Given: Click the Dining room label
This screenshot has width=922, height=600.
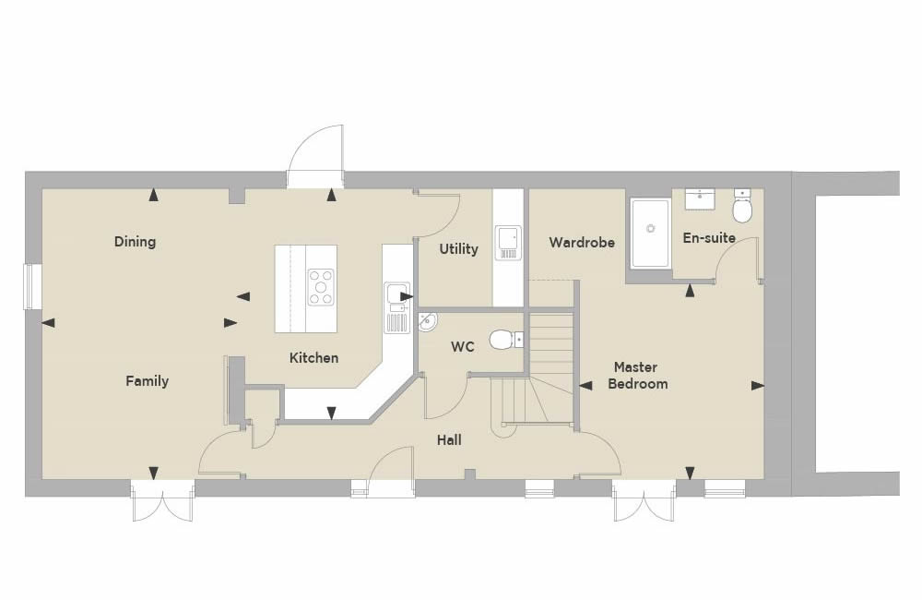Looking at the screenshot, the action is tap(135, 242).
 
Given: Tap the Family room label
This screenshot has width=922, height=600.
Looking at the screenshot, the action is tap(147, 381).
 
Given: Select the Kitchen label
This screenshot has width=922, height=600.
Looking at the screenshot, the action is tap(314, 357).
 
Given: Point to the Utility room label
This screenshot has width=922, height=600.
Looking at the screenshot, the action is tap(458, 249).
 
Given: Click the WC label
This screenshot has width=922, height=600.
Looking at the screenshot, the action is tap(463, 347).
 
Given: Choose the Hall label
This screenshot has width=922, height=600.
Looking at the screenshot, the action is tap(449, 439).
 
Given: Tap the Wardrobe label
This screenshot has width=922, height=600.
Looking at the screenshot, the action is tap(582, 242).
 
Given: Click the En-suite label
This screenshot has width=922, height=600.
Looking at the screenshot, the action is tap(709, 238).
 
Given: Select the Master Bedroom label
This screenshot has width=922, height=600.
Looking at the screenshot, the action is tap(637, 375).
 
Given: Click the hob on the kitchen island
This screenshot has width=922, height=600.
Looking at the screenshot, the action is tap(321, 287).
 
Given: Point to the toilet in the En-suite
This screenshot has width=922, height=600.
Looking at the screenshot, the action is tap(742, 206).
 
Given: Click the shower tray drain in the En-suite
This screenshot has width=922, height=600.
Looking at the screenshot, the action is tap(650, 228).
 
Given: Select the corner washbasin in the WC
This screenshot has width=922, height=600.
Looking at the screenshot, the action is tap(428, 322).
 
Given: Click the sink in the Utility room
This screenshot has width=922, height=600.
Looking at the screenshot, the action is tap(507, 243).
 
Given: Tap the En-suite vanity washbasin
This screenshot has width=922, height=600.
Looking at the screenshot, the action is tap(700, 198).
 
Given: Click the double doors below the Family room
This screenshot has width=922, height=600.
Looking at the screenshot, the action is tap(163, 500).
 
